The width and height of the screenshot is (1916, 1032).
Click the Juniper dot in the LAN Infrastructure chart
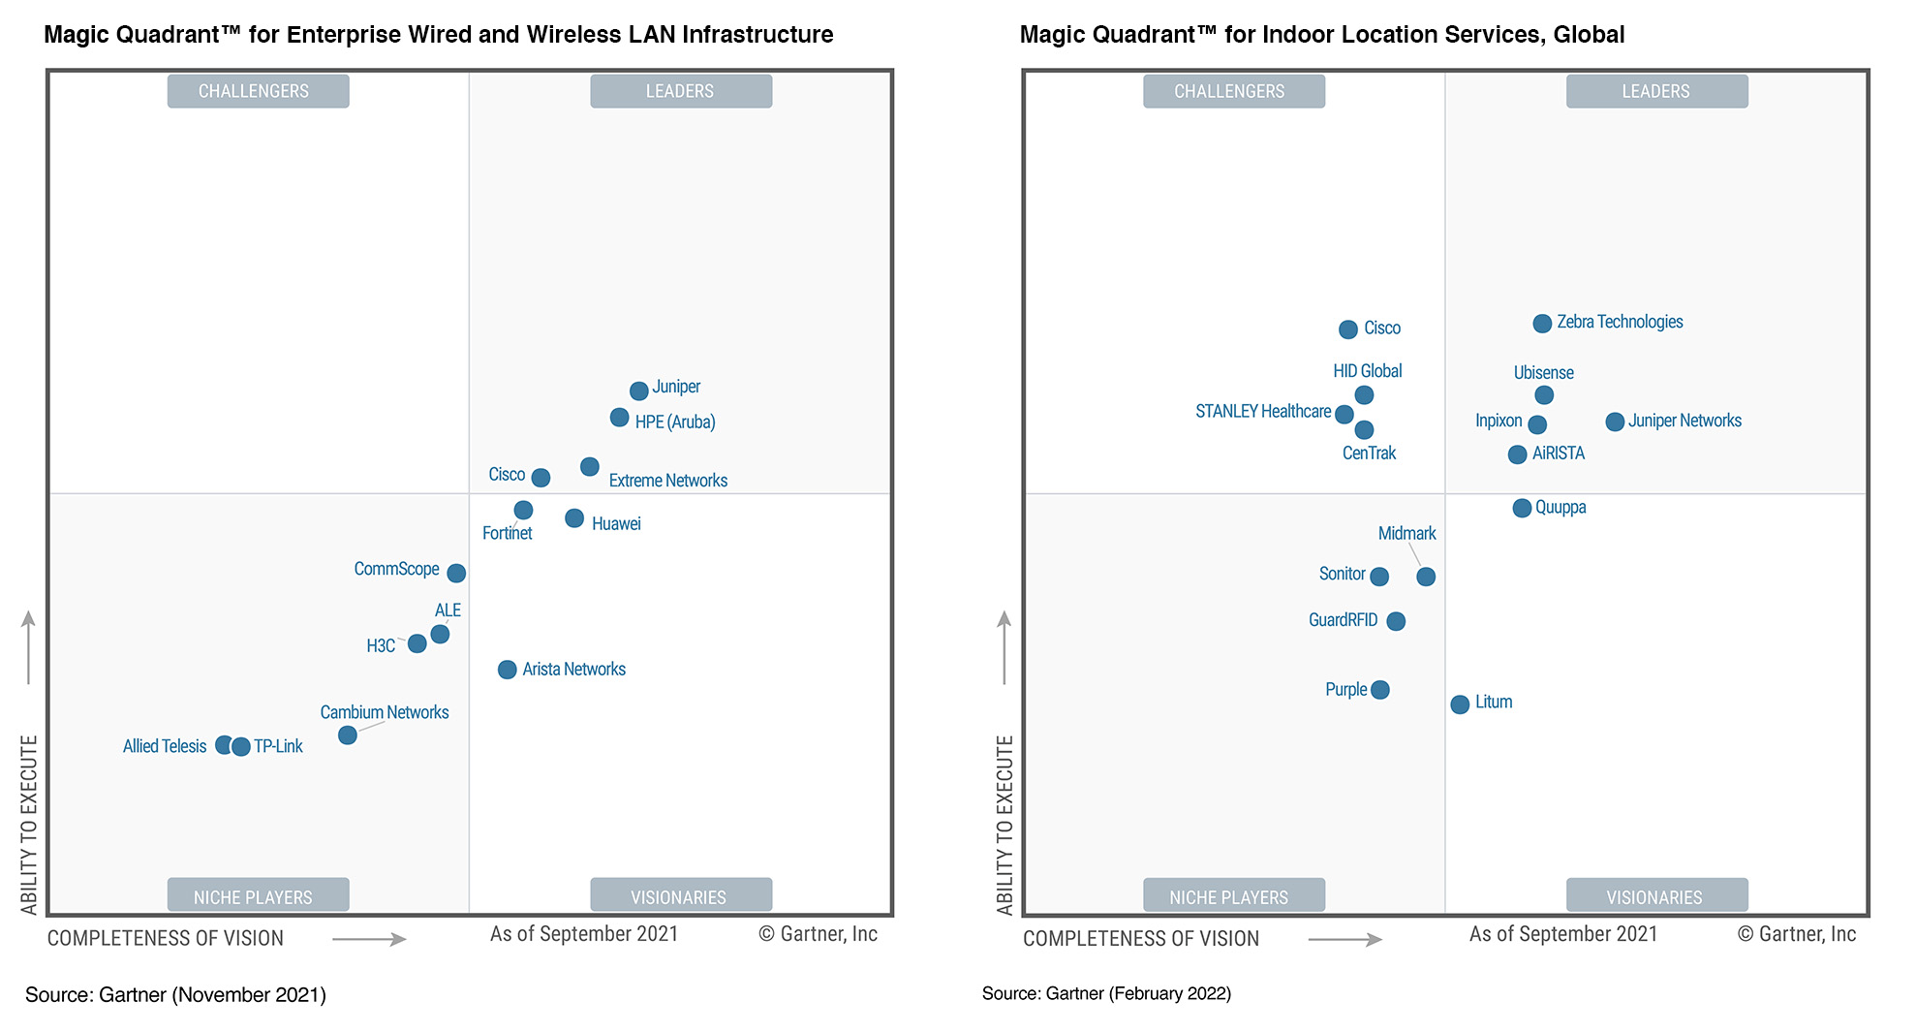pyautogui.click(x=638, y=391)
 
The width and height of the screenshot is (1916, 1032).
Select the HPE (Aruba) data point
pyautogui.click(x=619, y=418)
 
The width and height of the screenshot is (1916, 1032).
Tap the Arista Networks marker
pyautogui.click(x=507, y=670)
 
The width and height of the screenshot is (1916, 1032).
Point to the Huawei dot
pyautogui.click(x=574, y=518)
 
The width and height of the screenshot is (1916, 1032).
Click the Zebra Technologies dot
pyautogui.click(x=1542, y=324)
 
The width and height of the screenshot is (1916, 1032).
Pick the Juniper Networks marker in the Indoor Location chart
pyautogui.click(x=1614, y=422)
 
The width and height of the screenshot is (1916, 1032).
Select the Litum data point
pyautogui.click(x=1460, y=704)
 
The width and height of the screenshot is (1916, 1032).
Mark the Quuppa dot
pyautogui.click(x=1522, y=508)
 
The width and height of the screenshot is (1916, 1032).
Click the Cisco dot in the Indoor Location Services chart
pyautogui.click(x=1347, y=329)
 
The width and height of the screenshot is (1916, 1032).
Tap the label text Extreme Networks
pyautogui.click(x=667, y=481)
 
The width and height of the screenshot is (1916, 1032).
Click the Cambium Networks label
pyautogui.click(x=385, y=712)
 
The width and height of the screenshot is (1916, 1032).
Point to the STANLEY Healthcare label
pyautogui.click(x=1262, y=412)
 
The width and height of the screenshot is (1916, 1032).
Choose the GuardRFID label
pyautogui.click(x=1343, y=620)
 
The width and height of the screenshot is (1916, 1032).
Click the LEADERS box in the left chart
pyautogui.click(x=680, y=91)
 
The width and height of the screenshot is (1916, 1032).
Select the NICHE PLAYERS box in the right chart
pyautogui.click(x=1228, y=896)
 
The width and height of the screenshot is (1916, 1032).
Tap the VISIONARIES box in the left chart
pyautogui.click(x=680, y=896)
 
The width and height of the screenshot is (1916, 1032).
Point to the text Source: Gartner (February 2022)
pyautogui.click(x=1106, y=994)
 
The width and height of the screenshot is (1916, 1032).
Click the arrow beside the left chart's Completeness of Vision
pyautogui.click(x=369, y=938)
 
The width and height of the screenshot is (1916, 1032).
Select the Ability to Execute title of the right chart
pyautogui.click(x=1004, y=824)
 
